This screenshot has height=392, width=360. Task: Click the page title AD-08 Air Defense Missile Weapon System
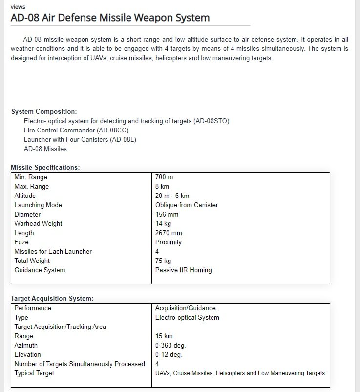coord(110,18)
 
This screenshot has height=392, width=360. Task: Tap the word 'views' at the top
coord(18,7)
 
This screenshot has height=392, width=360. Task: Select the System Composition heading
coord(44,112)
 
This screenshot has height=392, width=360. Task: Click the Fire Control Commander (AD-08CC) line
coord(76,131)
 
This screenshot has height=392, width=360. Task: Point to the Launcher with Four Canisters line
coord(80,140)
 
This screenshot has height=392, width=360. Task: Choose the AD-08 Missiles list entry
coord(45,149)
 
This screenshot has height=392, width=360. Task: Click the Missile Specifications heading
coord(45,168)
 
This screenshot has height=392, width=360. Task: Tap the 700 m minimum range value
coord(164,177)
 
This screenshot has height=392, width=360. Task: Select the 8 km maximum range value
coord(162,187)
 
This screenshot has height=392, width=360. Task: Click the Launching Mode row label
coord(38,205)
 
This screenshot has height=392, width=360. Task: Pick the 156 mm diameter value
coord(167,215)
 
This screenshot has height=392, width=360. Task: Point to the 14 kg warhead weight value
coord(163,224)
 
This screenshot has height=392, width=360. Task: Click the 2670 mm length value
coord(169,233)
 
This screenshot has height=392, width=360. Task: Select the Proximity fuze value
coord(168,242)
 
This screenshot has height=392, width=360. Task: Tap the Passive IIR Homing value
coord(183,270)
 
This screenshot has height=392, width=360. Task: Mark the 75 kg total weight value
coord(163,261)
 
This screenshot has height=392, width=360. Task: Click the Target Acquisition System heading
coord(52,298)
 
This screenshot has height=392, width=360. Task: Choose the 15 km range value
coord(164,336)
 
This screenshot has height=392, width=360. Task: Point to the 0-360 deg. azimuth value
coord(170,346)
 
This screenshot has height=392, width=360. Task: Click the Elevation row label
coord(27,355)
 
